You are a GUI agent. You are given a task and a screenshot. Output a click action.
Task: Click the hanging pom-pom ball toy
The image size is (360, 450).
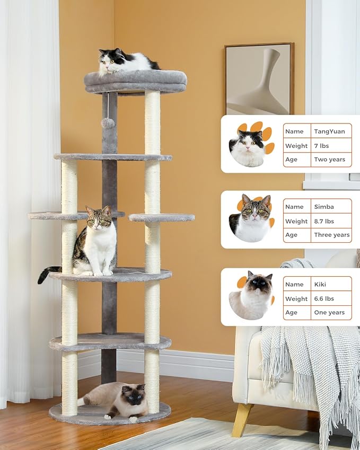[108, 123]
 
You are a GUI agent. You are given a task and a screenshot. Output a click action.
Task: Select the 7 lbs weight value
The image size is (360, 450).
[322, 146]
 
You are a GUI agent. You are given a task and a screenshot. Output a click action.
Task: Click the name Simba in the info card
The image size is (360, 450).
[324, 207]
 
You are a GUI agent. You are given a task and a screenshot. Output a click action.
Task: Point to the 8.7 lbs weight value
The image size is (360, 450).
[326, 221]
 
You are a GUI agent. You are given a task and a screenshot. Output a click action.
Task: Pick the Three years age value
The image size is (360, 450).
[331, 235]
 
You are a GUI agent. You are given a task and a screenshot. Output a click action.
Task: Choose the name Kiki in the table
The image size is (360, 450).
[321, 284]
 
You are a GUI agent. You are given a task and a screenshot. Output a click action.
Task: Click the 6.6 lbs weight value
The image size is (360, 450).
[324, 298]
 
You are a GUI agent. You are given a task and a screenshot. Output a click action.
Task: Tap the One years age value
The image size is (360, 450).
[329, 313]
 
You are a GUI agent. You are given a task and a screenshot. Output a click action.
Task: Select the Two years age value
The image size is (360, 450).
[329, 160]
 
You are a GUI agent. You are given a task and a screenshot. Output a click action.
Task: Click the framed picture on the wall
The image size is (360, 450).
[259, 79]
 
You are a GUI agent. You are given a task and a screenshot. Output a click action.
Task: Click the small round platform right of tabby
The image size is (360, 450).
[162, 217]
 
